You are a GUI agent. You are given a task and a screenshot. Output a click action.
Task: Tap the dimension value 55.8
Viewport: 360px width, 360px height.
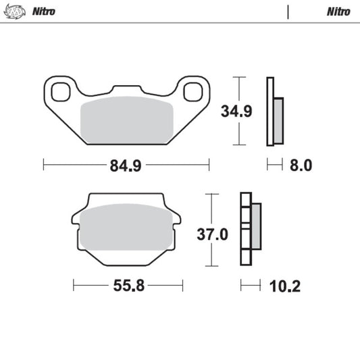click(x=128, y=286)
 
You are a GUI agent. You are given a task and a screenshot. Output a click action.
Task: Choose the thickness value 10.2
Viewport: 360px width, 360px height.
click(x=285, y=286)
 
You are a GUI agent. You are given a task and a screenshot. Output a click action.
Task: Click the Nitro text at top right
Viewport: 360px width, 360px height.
click(x=338, y=11)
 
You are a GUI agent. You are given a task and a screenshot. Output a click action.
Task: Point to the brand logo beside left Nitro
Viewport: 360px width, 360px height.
click(x=14, y=11)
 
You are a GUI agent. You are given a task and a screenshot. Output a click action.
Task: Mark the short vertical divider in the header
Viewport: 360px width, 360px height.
click(x=288, y=11)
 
